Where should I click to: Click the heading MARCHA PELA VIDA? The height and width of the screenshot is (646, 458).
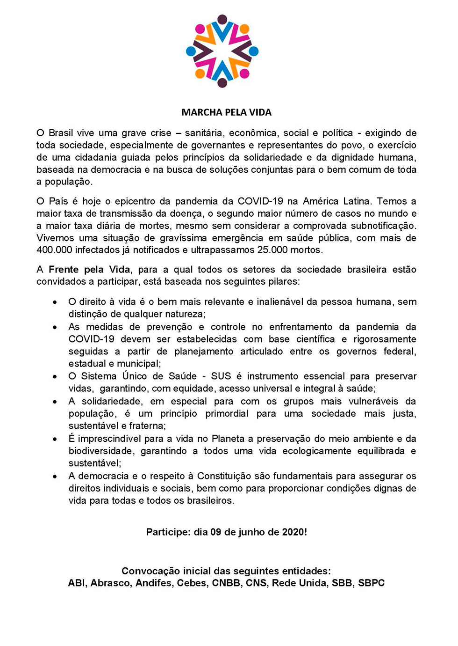[x=226, y=112]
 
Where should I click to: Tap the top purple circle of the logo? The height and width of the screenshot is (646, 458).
[x=222, y=20]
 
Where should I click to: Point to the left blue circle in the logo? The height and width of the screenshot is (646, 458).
[x=191, y=51]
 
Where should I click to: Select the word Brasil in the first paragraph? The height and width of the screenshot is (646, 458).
[x=61, y=133]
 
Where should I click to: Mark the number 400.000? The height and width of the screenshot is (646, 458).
[x=54, y=250]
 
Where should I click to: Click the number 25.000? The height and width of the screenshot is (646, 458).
[x=272, y=250]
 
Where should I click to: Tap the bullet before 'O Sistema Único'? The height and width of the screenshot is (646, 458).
[x=55, y=376]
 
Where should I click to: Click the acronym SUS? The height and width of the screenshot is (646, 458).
[x=221, y=376]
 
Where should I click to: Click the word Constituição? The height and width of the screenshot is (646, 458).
[x=224, y=476]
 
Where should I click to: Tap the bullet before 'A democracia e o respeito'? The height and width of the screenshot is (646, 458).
[x=55, y=477]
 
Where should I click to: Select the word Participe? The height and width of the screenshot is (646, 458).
[x=168, y=532]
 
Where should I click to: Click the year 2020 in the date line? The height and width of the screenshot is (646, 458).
[x=293, y=532]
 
